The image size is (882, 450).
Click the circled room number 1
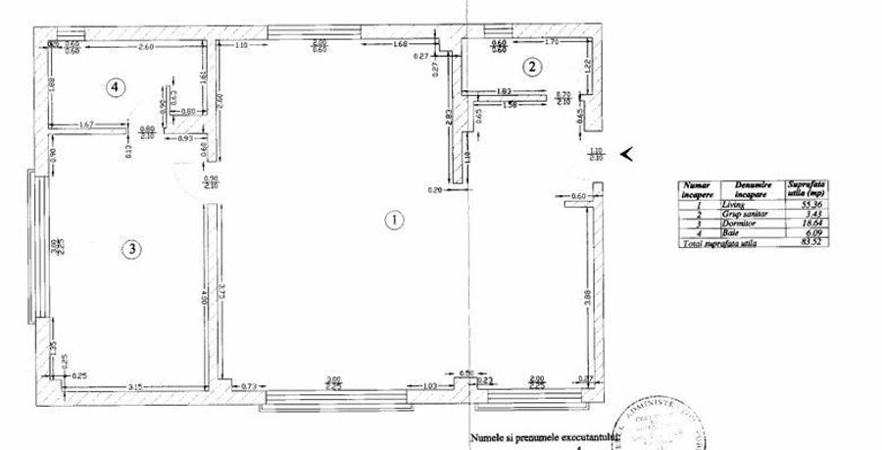point(393,220)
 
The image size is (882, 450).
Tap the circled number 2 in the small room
point(531,67)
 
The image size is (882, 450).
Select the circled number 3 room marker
point(130,249)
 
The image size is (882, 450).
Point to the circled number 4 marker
point(116,87)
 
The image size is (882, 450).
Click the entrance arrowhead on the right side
point(628,153)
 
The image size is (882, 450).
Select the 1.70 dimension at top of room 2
point(551,42)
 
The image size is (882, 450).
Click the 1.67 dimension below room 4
point(85,125)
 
